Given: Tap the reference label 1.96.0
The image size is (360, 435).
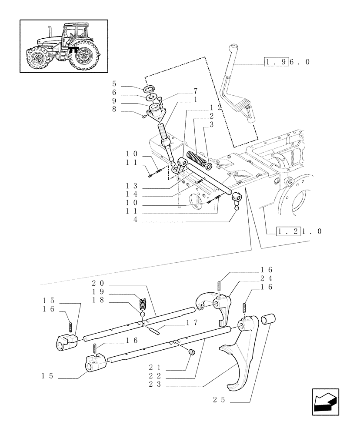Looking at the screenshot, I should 287,62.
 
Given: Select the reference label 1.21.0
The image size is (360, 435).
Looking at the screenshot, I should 299,231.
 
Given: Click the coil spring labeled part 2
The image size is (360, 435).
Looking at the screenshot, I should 196,158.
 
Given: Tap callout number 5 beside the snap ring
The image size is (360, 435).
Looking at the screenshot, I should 114,83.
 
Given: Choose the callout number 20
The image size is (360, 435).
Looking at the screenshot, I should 99,283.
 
